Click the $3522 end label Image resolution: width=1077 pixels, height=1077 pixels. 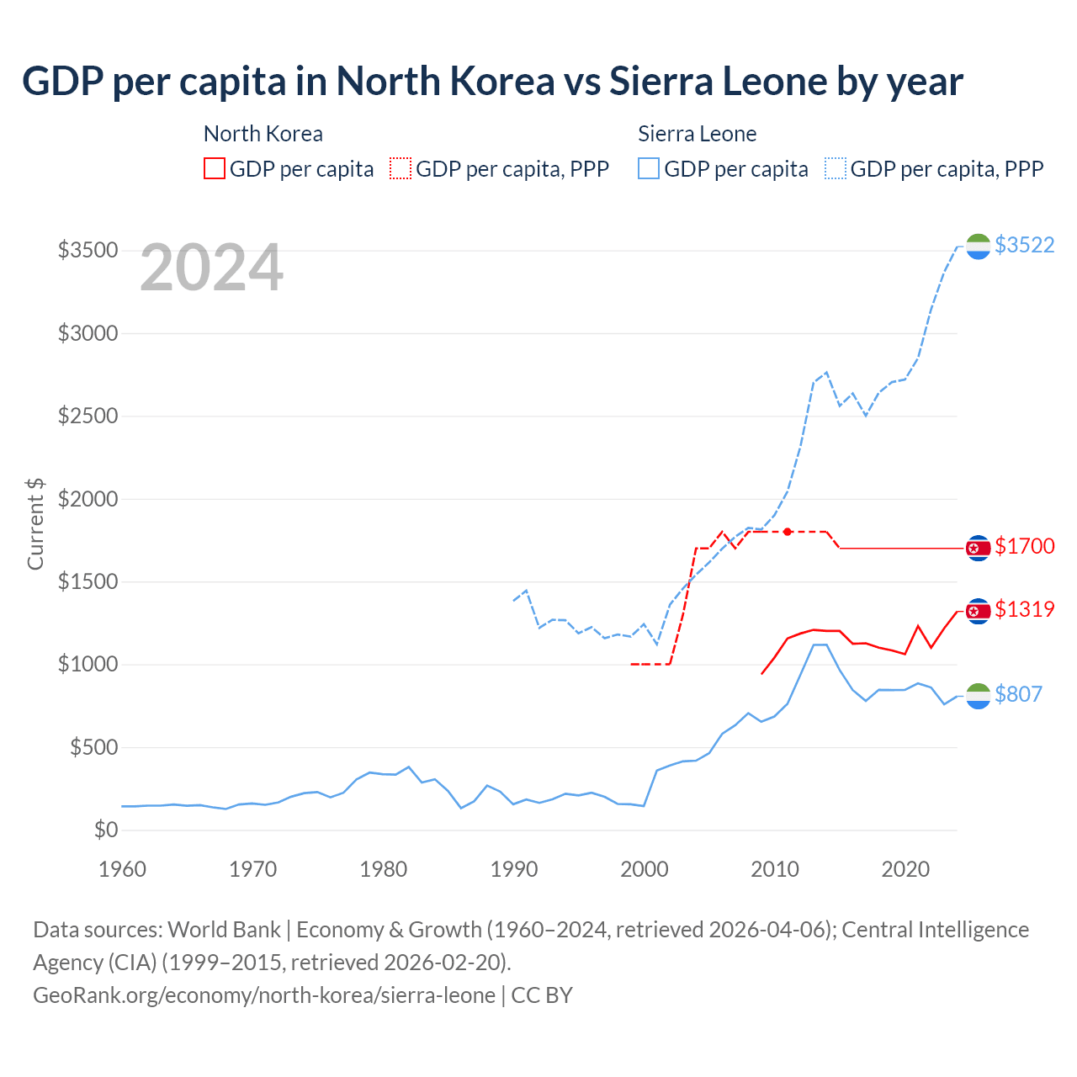[x=1024, y=245]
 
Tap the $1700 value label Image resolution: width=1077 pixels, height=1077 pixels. [x=1024, y=546]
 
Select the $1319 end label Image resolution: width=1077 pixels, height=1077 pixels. [x=1024, y=609]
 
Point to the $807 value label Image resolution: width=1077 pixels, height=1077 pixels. [x=1018, y=694]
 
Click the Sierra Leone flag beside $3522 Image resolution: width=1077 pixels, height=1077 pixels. [x=978, y=247]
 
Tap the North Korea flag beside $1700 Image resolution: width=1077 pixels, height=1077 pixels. [x=978, y=548]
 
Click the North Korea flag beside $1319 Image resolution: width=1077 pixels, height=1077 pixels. [x=978, y=611]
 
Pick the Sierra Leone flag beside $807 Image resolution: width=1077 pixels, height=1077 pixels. [x=978, y=696]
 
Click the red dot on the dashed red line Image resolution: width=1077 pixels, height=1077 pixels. [x=788, y=532]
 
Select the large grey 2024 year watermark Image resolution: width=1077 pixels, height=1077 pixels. [x=211, y=268]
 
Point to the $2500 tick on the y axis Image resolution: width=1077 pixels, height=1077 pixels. [x=88, y=416]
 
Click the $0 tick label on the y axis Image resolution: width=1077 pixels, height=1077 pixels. [x=106, y=830]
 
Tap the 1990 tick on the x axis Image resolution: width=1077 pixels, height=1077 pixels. [x=514, y=869]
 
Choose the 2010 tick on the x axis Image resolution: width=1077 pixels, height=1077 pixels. [x=775, y=869]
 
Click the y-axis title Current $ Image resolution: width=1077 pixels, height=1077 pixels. [x=35, y=523]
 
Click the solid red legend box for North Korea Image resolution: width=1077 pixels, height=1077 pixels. [x=215, y=168]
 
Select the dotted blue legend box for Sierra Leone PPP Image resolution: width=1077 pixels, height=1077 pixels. [x=836, y=168]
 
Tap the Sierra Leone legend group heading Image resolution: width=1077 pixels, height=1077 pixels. [x=697, y=134]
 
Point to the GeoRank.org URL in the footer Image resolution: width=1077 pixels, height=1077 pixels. [x=264, y=995]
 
